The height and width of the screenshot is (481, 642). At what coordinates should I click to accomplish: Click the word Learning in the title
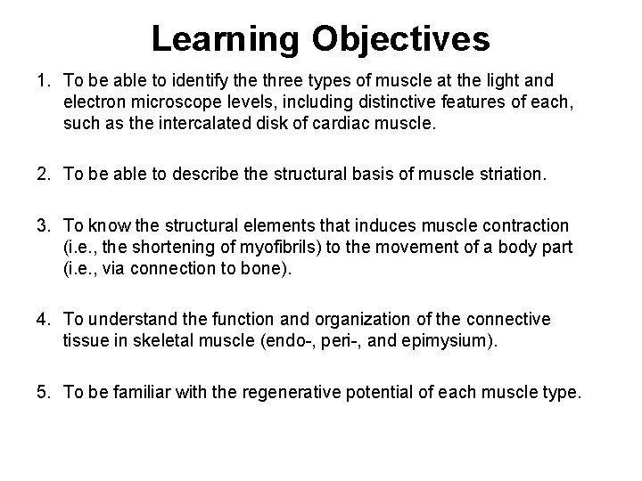coord(224,38)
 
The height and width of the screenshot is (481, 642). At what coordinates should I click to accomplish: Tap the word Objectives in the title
coord(400,38)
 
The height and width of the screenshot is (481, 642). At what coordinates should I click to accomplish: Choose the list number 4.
coord(41,319)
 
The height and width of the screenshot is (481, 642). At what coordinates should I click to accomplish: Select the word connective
coord(512,319)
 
